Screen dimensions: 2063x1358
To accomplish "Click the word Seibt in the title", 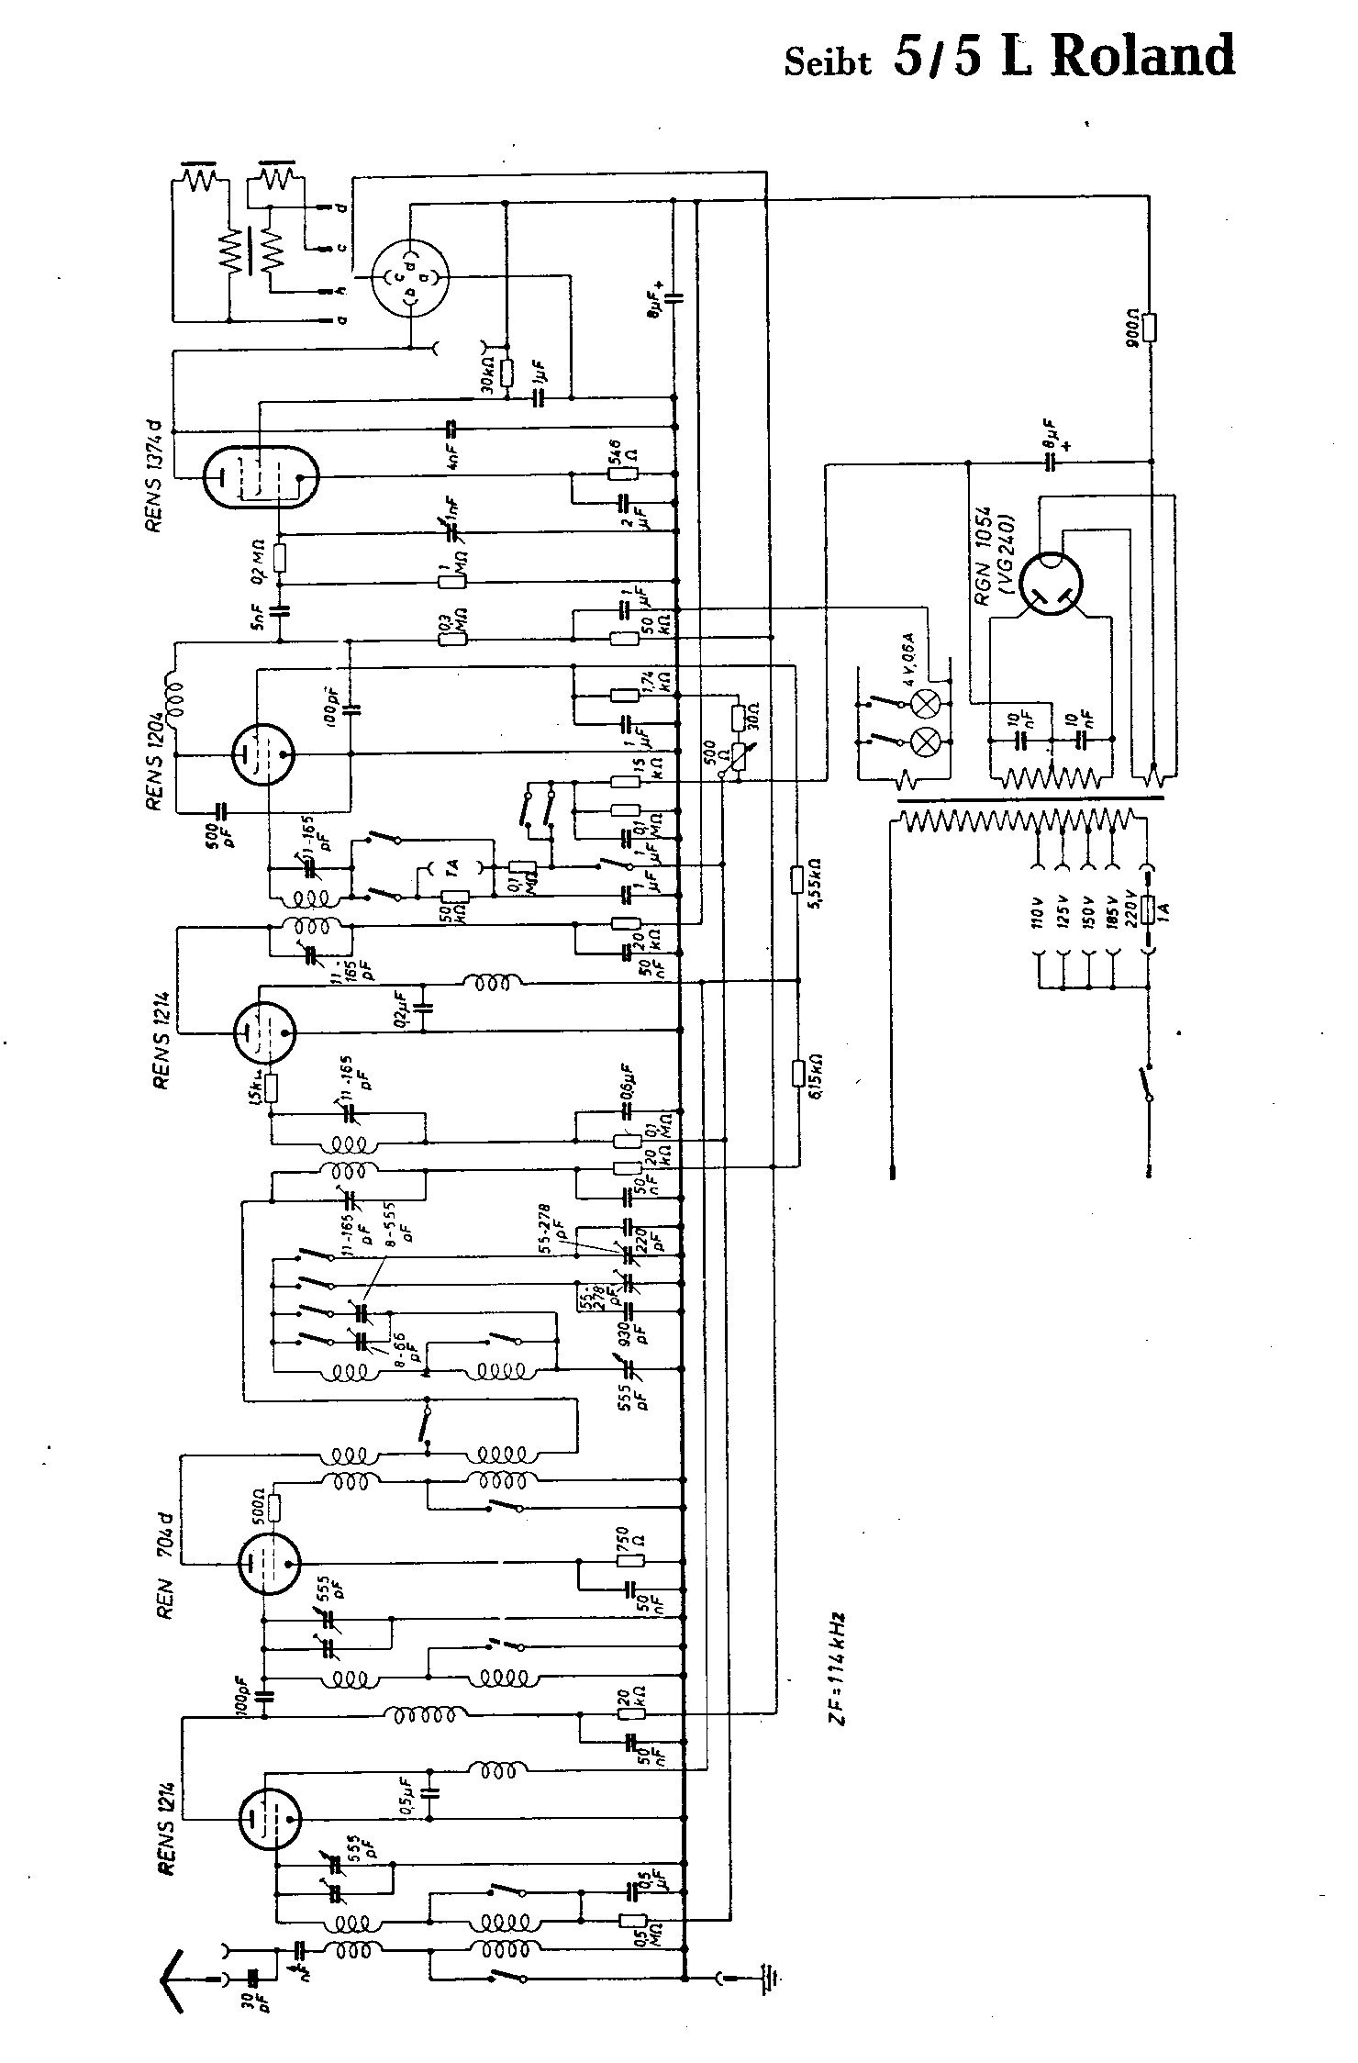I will pyautogui.click(x=827, y=62).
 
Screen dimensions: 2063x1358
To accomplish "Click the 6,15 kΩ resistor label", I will pyautogui.click(x=815, y=1074).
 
